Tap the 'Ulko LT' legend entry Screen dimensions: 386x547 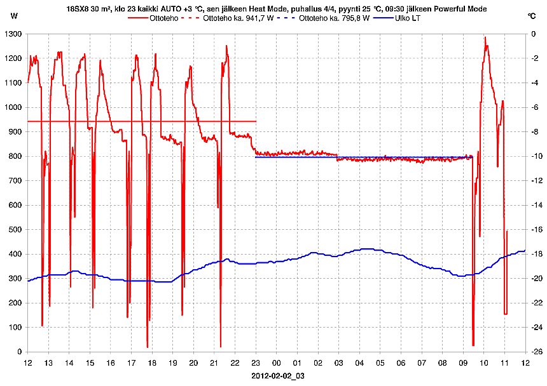[x=407, y=18]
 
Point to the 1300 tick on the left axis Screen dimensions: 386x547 [x=13, y=34]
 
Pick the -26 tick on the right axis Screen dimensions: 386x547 [x=537, y=352]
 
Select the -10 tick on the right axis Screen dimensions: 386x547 [x=537, y=156]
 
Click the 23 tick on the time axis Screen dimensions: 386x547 [x=256, y=363]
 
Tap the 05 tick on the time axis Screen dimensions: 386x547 [x=380, y=363]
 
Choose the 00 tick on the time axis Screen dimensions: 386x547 [x=276, y=363]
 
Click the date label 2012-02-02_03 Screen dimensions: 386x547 [x=278, y=376]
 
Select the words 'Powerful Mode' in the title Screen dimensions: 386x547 [x=463, y=8]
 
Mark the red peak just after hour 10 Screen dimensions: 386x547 [x=485, y=37]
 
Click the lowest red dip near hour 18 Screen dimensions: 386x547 [x=148, y=347]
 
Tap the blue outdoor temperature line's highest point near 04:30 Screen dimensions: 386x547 [x=366, y=249]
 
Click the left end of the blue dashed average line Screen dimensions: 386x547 [x=256, y=157]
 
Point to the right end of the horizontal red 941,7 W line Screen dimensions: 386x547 [x=256, y=121]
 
